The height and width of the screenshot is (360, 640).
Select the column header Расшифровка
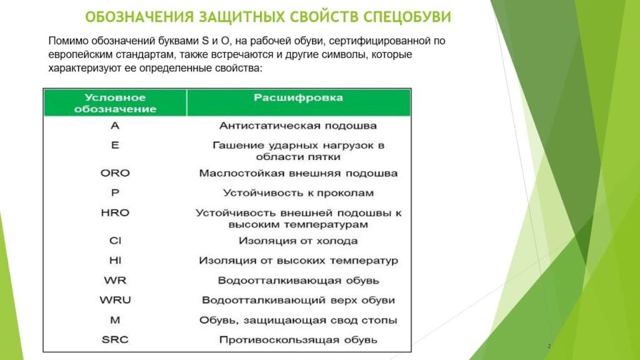tap(298, 98)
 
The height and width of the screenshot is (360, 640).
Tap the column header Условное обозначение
tap(114, 103)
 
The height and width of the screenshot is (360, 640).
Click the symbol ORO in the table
tap(114, 173)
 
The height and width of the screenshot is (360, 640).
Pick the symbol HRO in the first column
tap(114, 213)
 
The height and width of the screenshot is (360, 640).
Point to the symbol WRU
tap(114, 300)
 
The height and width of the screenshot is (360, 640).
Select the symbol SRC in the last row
tap(114, 340)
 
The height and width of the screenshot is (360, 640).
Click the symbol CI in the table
tap(114, 241)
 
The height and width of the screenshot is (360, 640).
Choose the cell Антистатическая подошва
tap(298, 126)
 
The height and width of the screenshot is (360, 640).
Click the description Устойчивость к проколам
tap(298, 193)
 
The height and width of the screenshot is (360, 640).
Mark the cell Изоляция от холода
tap(298, 241)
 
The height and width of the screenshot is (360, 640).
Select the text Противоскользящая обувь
tap(298, 340)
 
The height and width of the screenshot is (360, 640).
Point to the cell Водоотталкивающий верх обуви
tap(298, 300)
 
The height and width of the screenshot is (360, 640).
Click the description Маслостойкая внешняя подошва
tap(298, 173)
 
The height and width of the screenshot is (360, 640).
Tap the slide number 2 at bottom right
tap(549, 346)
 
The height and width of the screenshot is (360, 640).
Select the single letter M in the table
tap(114, 320)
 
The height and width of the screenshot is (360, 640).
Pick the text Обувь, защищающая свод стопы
tap(298, 320)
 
